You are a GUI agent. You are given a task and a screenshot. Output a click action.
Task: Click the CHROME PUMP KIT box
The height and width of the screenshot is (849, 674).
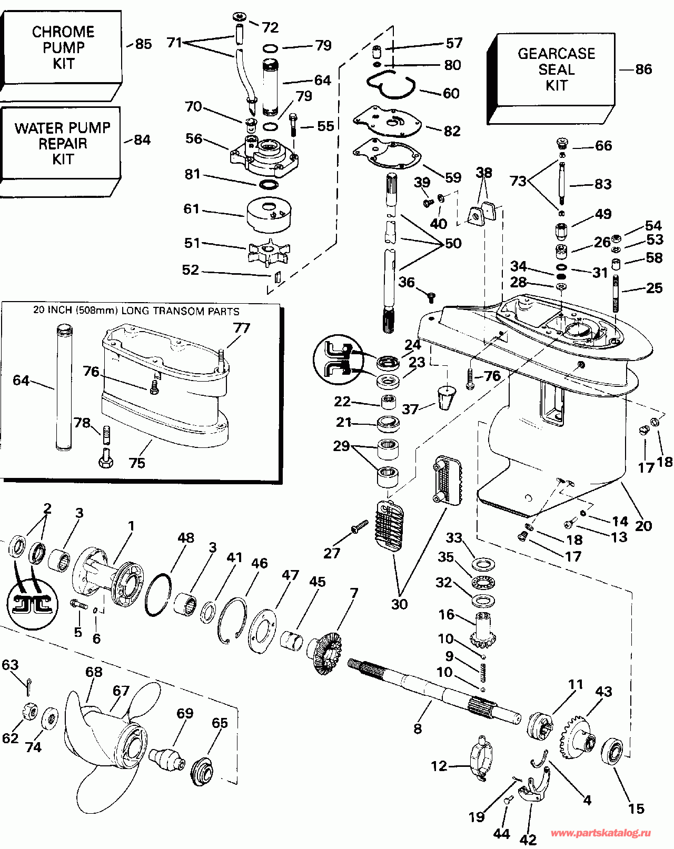tap(63, 47)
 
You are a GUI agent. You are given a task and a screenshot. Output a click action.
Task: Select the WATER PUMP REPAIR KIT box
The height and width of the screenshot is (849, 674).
tap(62, 143)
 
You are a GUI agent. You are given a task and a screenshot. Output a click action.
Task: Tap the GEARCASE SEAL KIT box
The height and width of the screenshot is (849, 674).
tap(556, 69)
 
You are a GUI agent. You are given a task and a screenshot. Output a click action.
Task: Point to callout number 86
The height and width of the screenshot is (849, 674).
tap(643, 69)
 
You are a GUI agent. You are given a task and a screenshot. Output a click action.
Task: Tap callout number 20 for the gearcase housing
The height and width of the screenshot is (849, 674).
tap(643, 525)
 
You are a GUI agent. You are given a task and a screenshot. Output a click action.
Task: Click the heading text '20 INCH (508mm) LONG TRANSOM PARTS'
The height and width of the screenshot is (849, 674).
tap(136, 311)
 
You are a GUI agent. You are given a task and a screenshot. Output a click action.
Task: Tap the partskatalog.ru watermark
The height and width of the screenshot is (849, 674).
tap(600, 833)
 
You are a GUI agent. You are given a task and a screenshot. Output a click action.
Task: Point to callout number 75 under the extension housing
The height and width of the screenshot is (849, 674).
tap(137, 463)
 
